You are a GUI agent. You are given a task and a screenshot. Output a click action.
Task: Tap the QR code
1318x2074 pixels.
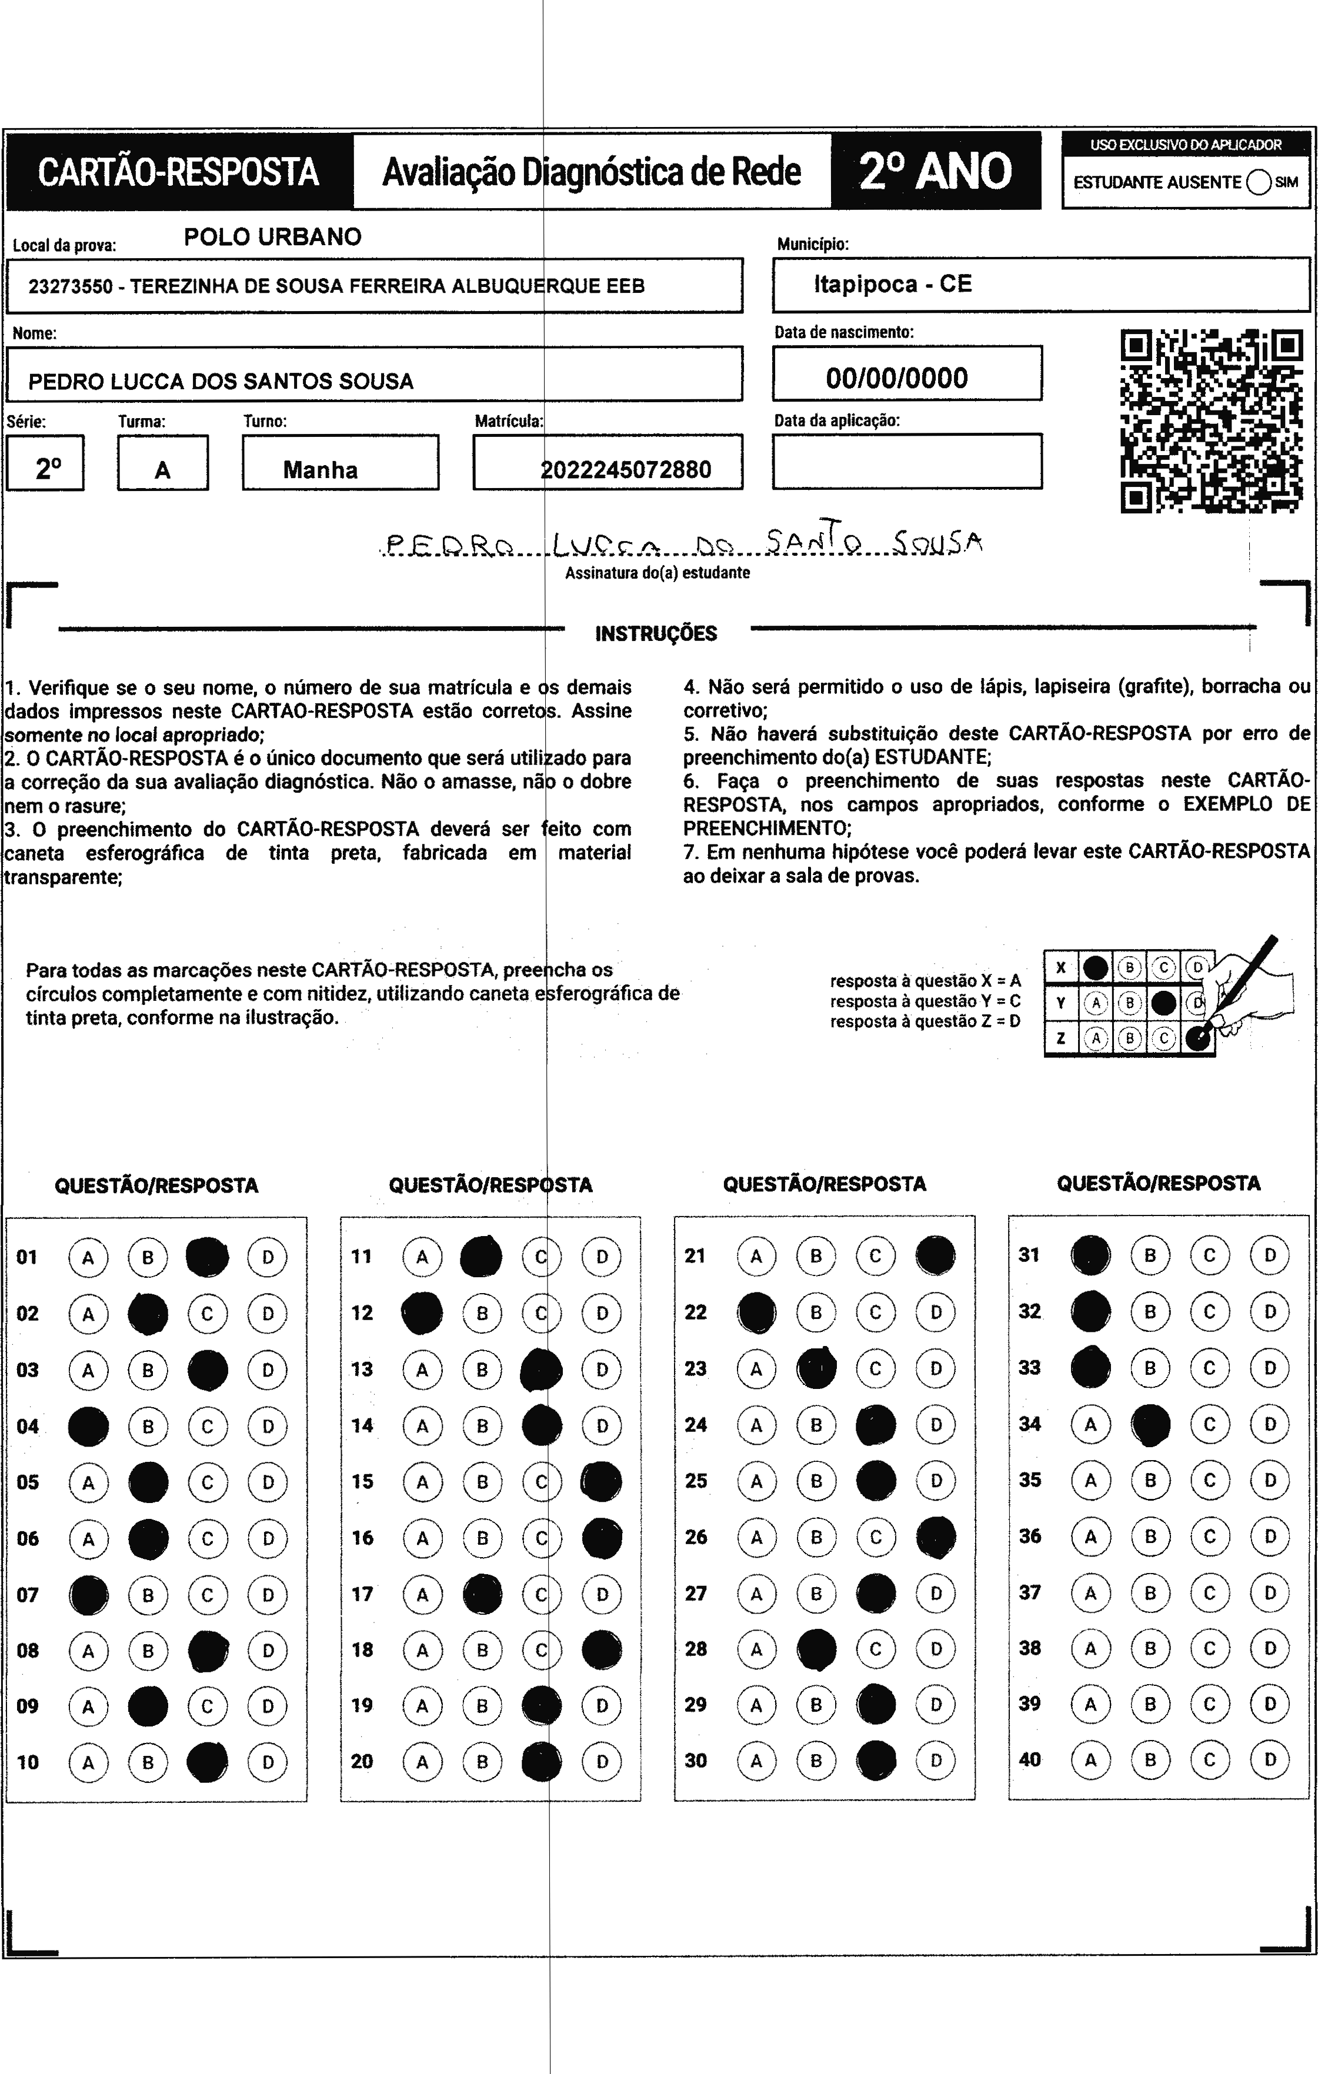(x=1210, y=420)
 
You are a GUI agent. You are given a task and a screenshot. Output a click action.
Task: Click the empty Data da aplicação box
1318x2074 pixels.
(x=906, y=461)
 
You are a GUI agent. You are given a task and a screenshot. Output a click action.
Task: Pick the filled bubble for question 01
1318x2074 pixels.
(x=208, y=1257)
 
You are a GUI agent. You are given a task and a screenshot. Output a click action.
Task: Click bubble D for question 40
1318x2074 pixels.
(x=1269, y=1759)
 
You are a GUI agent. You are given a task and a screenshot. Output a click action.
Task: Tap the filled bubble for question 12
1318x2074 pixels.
(x=422, y=1312)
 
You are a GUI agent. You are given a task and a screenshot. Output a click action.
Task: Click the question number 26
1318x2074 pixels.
(x=696, y=1537)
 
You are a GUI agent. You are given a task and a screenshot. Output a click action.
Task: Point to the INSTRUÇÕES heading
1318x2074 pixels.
(x=656, y=634)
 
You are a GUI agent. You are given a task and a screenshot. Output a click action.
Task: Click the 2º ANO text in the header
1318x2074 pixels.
(x=936, y=171)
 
